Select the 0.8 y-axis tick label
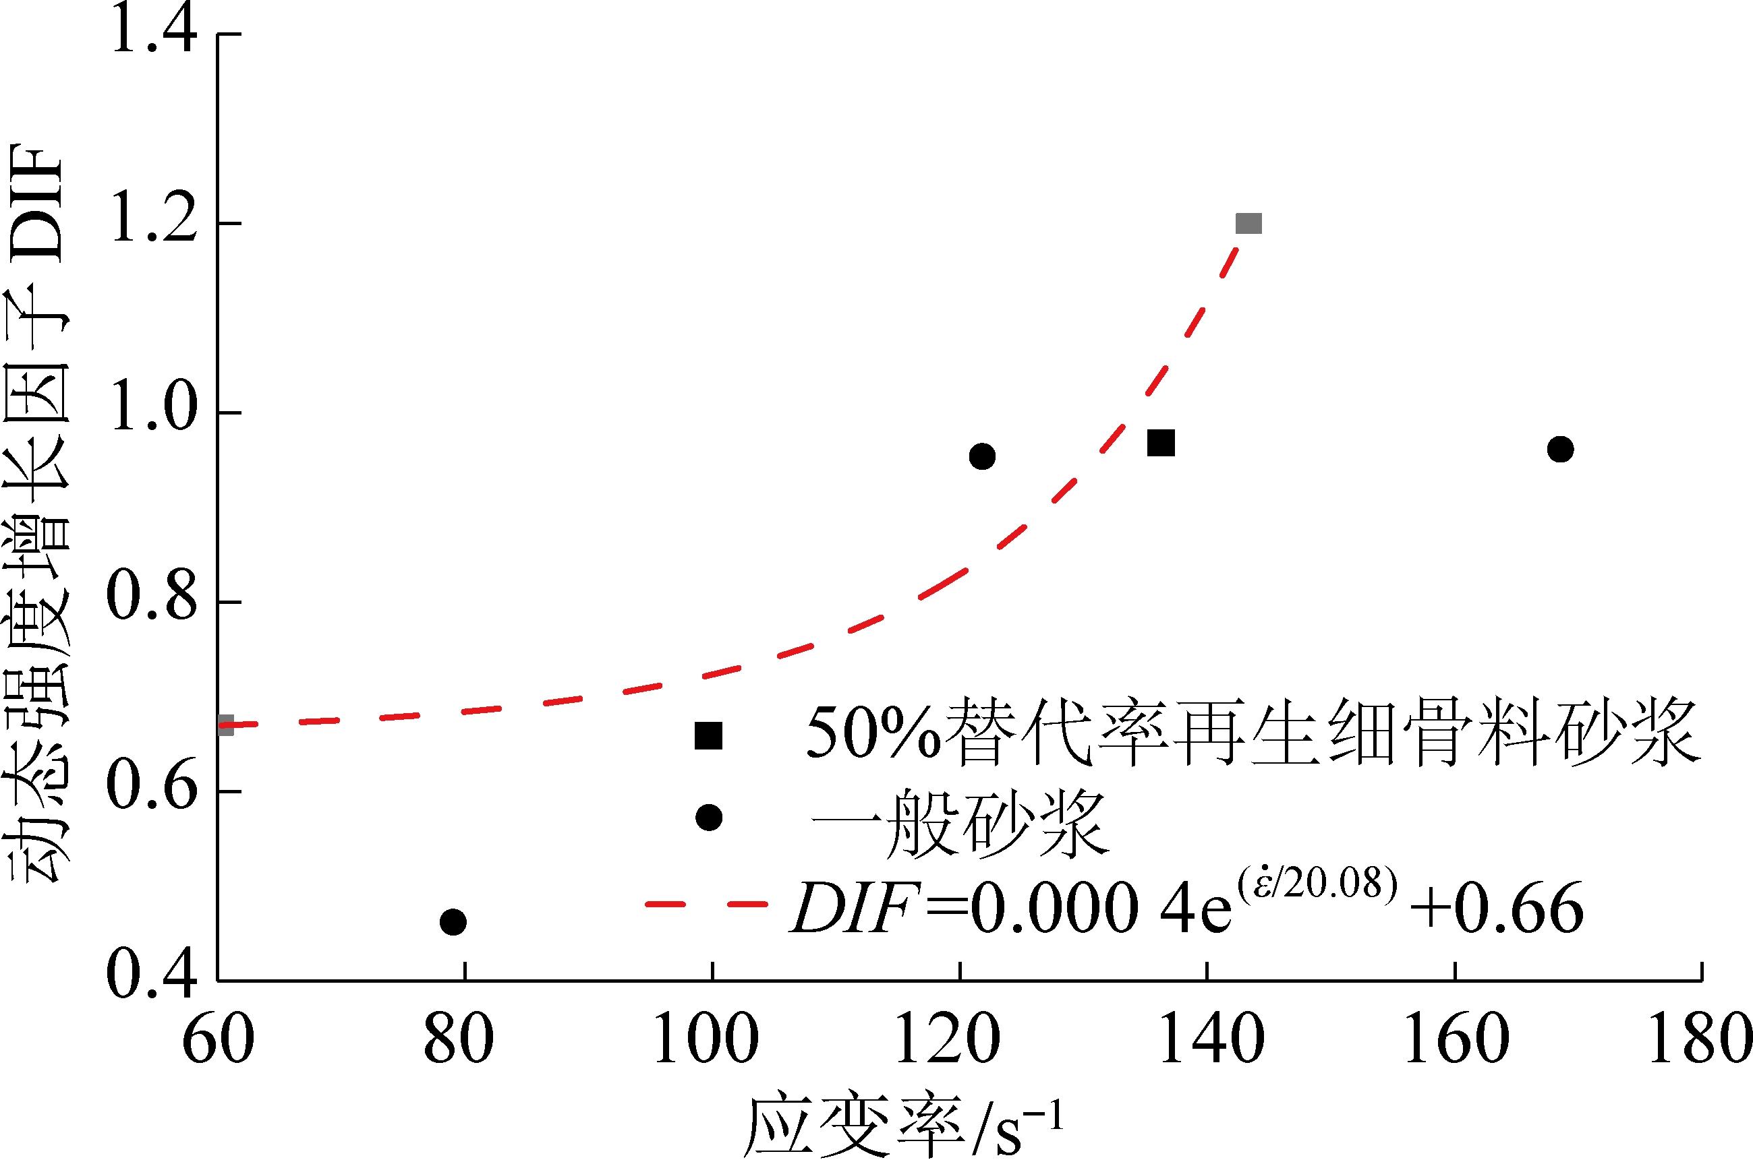[x=152, y=599]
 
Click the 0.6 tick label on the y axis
[x=152, y=789]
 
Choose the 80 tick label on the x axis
[x=458, y=1041]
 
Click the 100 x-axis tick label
[x=706, y=1041]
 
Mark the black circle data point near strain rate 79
[x=453, y=922]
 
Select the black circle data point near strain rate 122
[x=982, y=456]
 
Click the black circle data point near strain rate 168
[x=1560, y=449]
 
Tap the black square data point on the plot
[x=1161, y=443]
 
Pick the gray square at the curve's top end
[x=1248, y=223]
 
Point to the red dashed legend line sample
[x=706, y=904]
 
